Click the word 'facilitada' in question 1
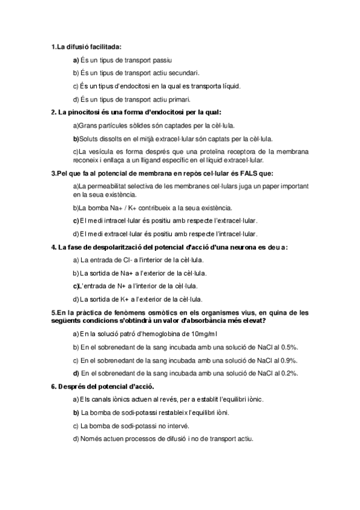104,46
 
